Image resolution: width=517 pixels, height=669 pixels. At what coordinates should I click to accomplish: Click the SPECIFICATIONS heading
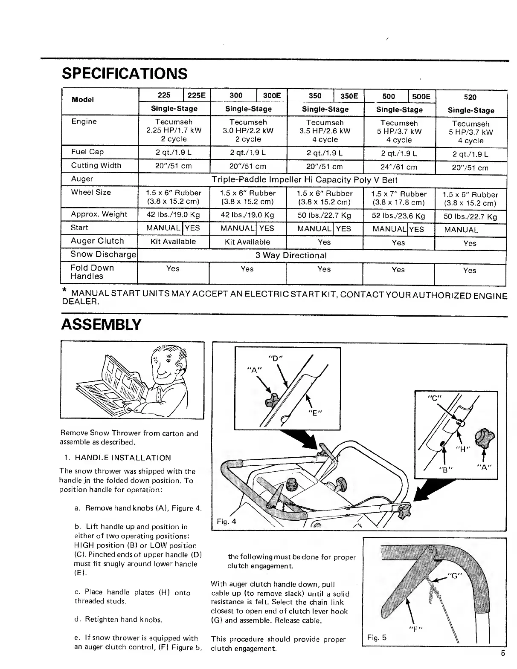[125, 74]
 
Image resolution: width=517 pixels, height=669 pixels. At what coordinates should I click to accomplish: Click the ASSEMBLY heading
[101, 325]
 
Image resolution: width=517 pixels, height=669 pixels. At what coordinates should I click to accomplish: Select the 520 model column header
[471, 97]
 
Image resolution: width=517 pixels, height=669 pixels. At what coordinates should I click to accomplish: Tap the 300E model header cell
[272, 96]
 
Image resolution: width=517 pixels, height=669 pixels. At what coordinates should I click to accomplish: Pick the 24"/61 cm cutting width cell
[399, 167]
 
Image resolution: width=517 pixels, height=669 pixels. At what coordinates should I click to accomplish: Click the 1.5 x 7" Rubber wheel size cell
[399, 198]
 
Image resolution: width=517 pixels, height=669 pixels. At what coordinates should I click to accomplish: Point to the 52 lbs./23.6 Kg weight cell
[399, 216]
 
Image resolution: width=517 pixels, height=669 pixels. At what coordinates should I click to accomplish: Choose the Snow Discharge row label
[103, 254]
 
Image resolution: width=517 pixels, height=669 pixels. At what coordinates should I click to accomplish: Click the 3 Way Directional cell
[291, 255]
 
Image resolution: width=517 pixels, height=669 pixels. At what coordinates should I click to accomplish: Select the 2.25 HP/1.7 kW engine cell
[174, 130]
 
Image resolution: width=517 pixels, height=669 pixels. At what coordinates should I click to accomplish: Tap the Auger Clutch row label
[98, 241]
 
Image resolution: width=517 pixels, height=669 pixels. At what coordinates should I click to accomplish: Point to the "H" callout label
[462, 448]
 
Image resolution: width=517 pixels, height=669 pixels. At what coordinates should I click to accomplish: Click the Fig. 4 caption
[226, 522]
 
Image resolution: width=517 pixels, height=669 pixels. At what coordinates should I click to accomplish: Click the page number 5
[503, 654]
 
